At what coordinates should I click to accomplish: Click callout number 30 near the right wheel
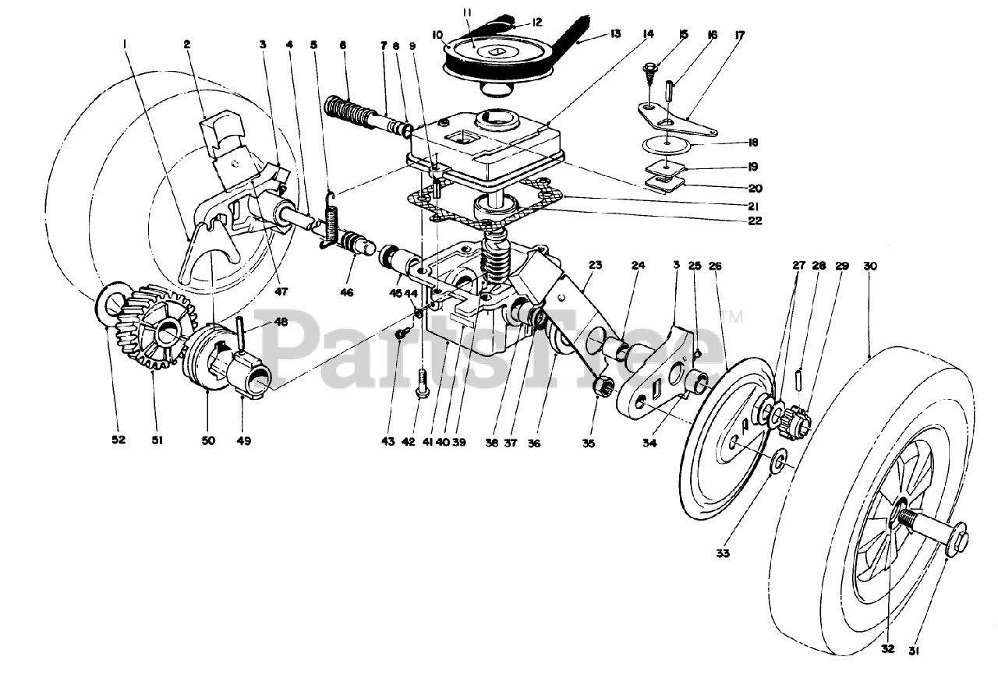[870, 266]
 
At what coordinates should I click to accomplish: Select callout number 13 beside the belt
[615, 34]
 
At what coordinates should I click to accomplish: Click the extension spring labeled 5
[331, 221]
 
